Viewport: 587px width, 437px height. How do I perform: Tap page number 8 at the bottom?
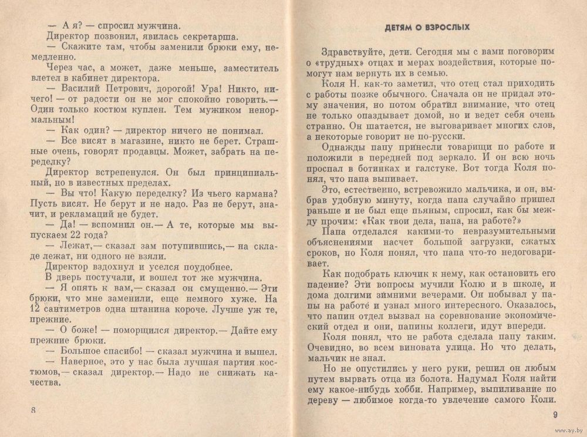pyautogui.click(x=34, y=410)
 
